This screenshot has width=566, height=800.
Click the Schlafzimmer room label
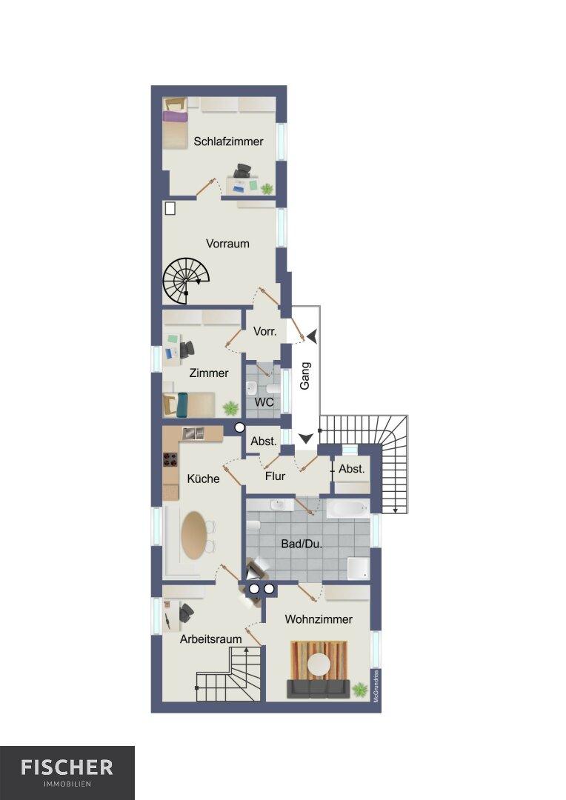click(x=228, y=141)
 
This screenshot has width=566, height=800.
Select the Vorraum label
click(x=227, y=244)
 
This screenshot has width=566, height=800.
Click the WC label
click(x=264, y=402)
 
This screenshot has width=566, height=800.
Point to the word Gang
click(x=304, y=376)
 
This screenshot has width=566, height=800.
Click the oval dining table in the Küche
click(x=194, y=535)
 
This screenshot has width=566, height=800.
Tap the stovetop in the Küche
click(x=170, y=459)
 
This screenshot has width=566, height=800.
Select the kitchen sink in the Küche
click(x=193, y=433)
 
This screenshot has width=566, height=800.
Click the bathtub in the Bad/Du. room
click(x=347, y=508)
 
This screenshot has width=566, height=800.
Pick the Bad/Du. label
click(x=302, y=544)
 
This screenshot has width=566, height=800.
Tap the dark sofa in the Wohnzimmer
click(x=318, y=688)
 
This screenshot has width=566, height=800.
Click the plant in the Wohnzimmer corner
click(x=360, y=690)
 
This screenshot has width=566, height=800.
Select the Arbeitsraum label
click(x=210, y=639)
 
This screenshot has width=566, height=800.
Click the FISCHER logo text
click(x=67, y=767)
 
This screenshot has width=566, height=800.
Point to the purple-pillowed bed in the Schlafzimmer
click(x=176, y=124)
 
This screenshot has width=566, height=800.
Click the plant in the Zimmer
click(x=230, y=408)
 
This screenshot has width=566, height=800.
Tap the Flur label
click(x=275, y=476)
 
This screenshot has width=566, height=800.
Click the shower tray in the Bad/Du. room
click(x=358, y=568)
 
